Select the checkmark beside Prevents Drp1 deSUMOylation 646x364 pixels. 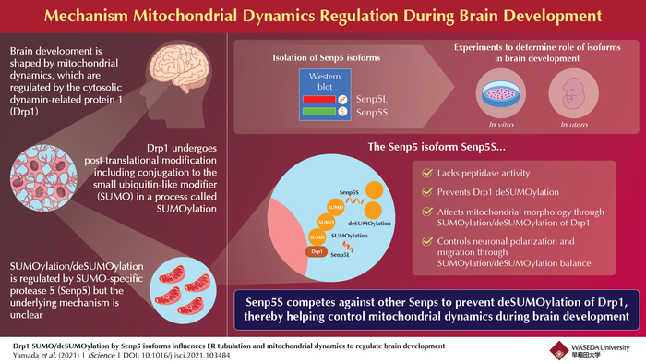pyautogui.click(x=424, y=194)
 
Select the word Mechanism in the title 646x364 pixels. pyautogui.click(x=135, y=17)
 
